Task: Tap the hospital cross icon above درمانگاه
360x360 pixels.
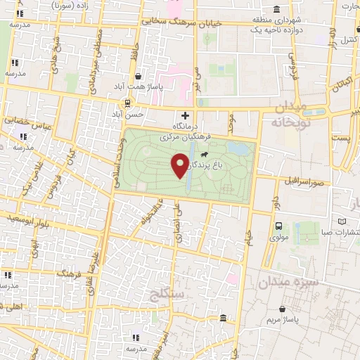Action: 185,116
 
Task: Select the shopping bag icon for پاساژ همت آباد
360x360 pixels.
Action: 138,77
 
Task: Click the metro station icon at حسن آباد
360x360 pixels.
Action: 117,112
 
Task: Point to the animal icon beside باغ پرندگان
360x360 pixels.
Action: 203,155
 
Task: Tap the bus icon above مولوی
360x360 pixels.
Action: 279,226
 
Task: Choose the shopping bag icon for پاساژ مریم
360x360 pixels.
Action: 283,308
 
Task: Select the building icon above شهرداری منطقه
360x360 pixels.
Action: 276,10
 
